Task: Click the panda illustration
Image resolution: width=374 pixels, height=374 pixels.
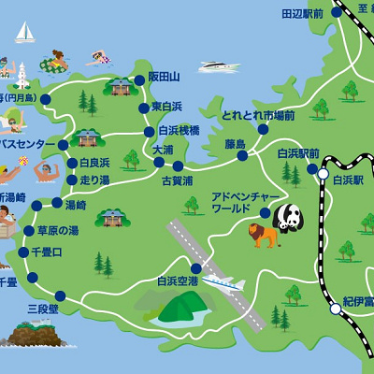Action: tap(289, 217)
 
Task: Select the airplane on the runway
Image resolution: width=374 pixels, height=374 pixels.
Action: tap(222, 282)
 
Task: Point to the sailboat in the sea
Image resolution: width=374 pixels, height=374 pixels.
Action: tap(24, 34)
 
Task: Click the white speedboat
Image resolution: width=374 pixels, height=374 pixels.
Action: tap(216, 66)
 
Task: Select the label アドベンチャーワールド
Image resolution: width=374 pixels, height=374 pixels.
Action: tap(240, 203)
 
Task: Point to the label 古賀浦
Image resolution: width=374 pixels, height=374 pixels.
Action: tap(177, 180)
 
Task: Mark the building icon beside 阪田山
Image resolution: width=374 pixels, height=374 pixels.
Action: tap(119, 87)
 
